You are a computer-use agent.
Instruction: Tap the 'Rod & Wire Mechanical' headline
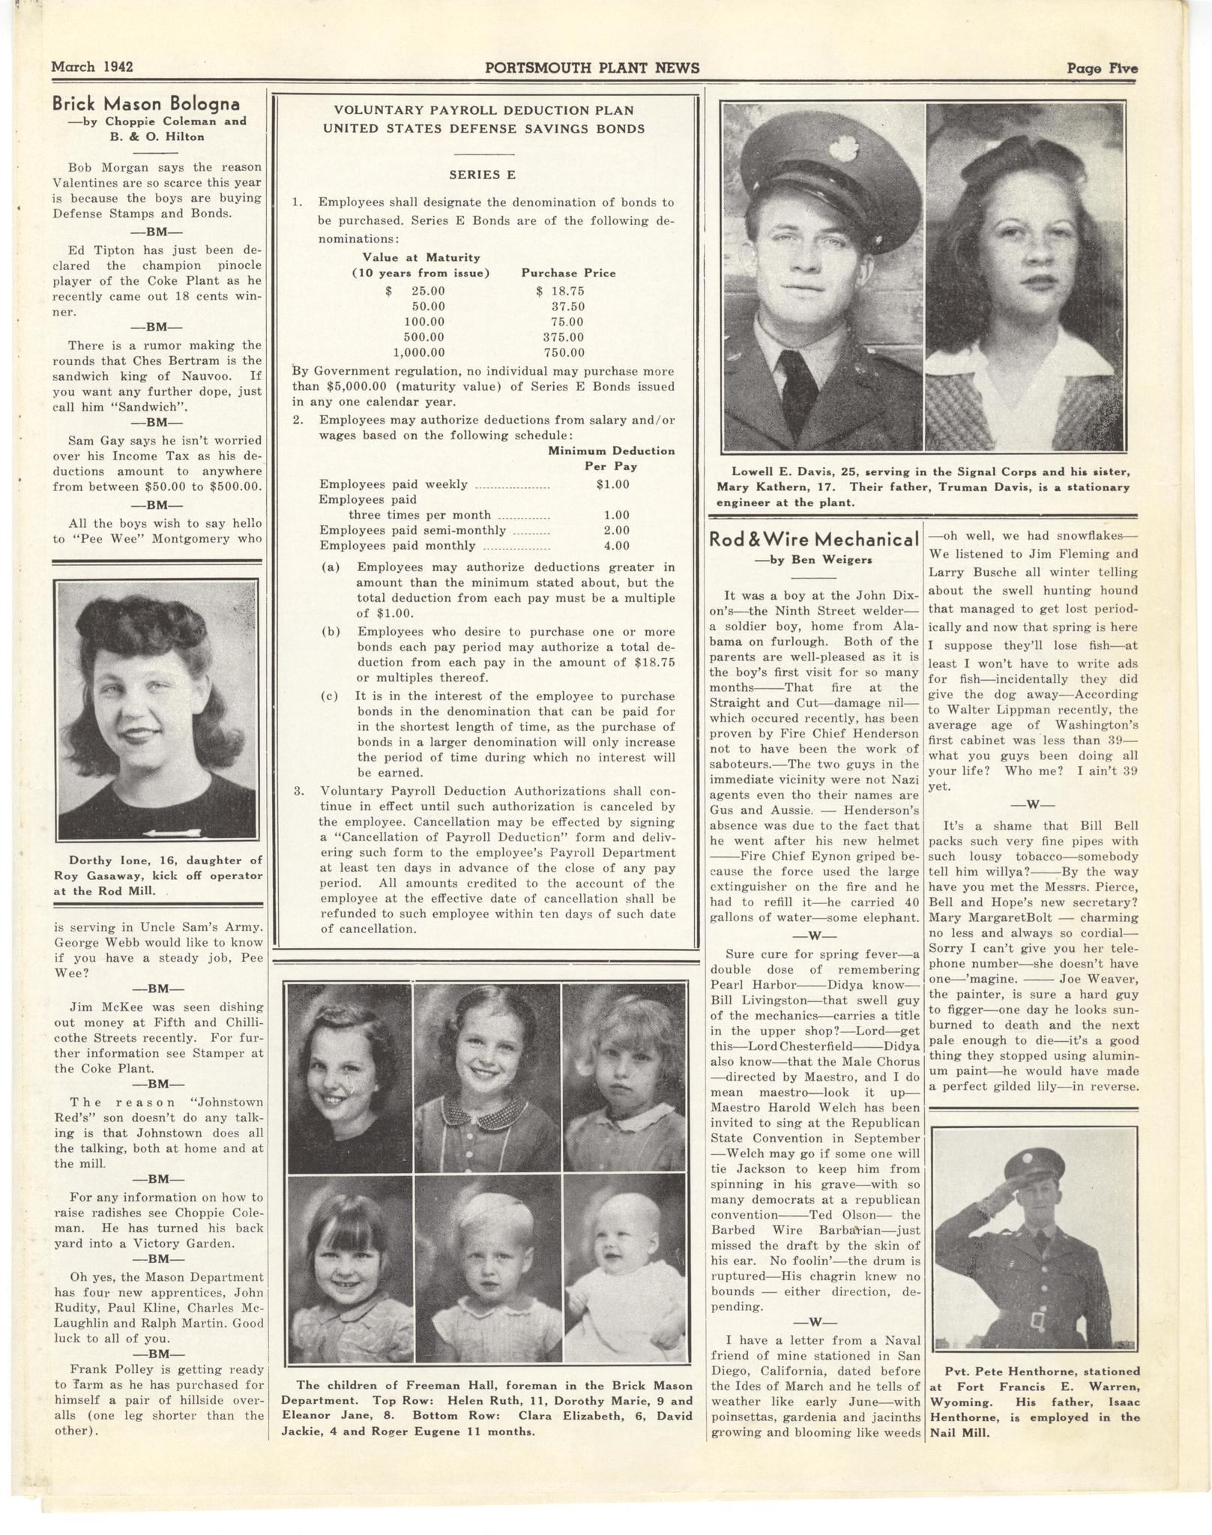point(814,540)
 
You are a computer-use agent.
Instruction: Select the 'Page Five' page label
point(1102,68)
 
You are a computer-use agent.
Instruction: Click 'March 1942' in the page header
point(92,67)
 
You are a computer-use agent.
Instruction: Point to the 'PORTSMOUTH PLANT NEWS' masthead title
point(592,68)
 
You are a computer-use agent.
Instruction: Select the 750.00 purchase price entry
point(564,352)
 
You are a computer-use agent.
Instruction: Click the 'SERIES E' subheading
point(483,175)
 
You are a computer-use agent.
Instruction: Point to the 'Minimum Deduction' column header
point(611,451)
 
